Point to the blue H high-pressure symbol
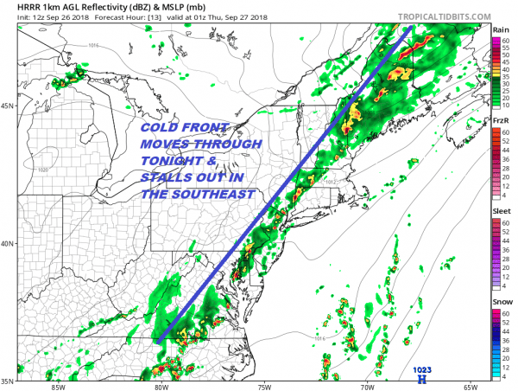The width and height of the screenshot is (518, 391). coord(422,379)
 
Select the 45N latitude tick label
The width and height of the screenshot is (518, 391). coord(8,106)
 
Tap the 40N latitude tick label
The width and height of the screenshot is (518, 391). coord(8,243)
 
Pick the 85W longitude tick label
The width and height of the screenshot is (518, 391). coord(59,386)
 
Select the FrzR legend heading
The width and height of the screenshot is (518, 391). coord(500,120)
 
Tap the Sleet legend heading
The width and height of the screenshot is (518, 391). coord(500,210)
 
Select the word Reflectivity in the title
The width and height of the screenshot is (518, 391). coord(97,6)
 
